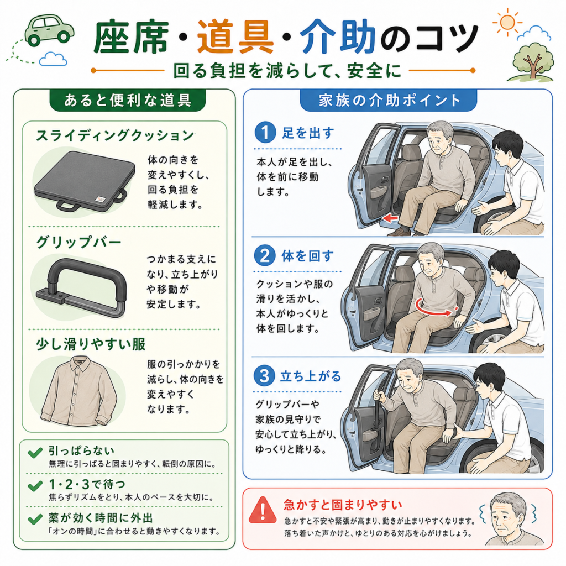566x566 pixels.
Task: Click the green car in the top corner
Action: pos(49,30)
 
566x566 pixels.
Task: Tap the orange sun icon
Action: pos(507,22)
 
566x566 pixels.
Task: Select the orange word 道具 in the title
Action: pos(235,36)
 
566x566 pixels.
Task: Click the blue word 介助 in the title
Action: pos(338,36)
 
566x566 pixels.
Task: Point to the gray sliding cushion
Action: pos(85,181)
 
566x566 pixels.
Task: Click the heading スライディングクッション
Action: pos(115,136)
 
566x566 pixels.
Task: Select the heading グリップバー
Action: pos(78,242)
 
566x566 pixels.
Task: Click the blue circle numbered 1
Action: pos(265,133)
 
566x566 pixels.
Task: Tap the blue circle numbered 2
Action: pos(265,255)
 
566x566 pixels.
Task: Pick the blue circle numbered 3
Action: pos(264,376)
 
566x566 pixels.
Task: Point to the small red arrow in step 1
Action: pos(390,218)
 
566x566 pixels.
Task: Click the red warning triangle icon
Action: pos(263,510)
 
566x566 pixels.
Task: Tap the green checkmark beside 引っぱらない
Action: pos(35,453)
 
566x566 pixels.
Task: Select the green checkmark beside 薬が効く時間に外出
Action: pos(35,519)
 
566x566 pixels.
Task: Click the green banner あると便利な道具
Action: pos(128,100)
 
